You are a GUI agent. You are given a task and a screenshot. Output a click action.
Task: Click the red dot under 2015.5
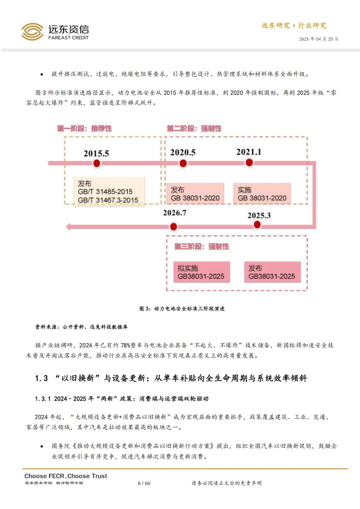click(97, 163)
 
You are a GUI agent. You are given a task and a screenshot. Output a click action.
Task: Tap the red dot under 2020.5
click(183, 163)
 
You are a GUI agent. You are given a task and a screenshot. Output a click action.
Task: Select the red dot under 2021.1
click(249, 163)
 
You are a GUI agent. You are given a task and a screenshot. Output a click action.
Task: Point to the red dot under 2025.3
click(257, 225)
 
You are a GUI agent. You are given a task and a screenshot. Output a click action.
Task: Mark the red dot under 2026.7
click(173, 227)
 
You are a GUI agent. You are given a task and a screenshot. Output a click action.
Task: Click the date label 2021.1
click(249, 152)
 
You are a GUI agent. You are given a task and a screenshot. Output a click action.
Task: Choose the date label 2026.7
click(174, 213)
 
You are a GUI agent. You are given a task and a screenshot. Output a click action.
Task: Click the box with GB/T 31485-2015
click(109, 192)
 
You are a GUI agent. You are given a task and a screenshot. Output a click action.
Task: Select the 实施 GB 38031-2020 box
click(262, 194)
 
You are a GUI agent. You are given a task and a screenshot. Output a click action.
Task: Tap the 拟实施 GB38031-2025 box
click(202, 272)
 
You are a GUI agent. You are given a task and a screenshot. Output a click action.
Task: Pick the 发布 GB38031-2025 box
click(272, 272)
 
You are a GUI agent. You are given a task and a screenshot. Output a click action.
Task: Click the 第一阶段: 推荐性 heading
click(84, 128)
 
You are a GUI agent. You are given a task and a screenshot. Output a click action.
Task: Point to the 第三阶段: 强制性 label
click(202, 246)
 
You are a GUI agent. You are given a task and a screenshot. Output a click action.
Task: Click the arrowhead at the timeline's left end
click(68, 227)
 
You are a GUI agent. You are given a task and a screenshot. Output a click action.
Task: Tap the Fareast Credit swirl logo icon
click(32, 32)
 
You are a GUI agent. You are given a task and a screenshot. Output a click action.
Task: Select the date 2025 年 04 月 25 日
click(318, 39)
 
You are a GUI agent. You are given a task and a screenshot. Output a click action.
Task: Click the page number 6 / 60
click(144, 483)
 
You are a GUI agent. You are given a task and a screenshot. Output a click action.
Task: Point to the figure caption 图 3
click(182, 309)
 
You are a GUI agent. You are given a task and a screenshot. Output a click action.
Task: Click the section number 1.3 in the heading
click(41, 378)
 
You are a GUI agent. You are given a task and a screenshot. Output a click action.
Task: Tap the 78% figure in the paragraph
click(126, 345)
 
